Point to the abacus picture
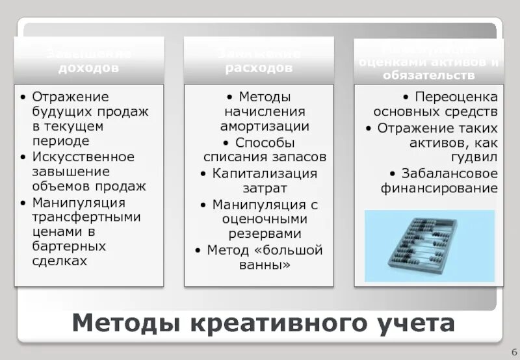pyautogui.click(x=429, y=246)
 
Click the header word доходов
pyautogui.click(x=89, y=68)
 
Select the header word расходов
pyautogui.click(x=259, y=68)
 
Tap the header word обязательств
pyautogui.click(x=428, y=75)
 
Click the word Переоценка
pyautogui.click(x=456, y=97)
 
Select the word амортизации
pyautogui.click(x=264, y=126)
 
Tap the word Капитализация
pyautogui.click(x=265, y=174)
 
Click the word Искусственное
pyautogui.click(x=83, y=157)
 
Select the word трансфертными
pyautogui.click(x=86, y=217)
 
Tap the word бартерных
pyautogui.click(x=69, y=247)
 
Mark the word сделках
pyautogui.click(x=60, y=261)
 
